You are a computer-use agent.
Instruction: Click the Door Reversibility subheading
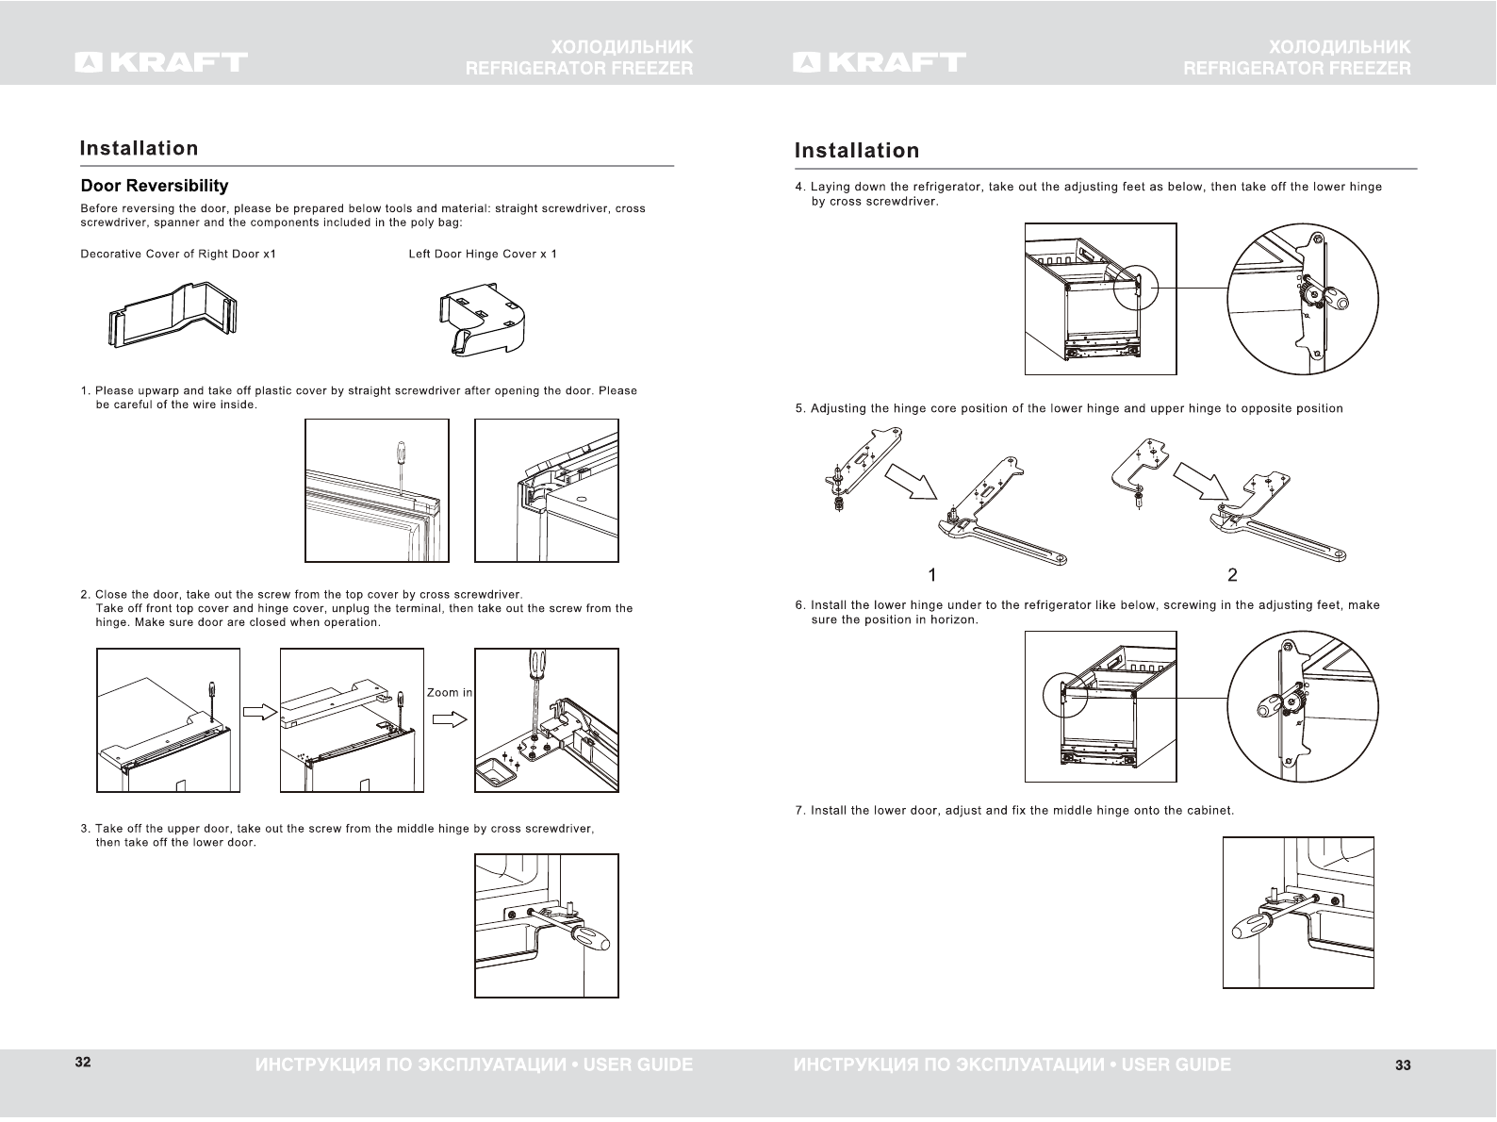155,186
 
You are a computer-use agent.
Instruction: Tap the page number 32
83,1063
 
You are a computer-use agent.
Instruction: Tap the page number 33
1403,1065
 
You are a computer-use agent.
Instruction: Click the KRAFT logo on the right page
880,62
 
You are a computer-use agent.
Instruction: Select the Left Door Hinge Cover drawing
481,320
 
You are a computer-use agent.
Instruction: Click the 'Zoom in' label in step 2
450,692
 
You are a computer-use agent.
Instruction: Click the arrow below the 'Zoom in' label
450,719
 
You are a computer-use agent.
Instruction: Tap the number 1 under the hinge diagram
931,574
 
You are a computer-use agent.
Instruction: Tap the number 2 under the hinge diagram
1232,574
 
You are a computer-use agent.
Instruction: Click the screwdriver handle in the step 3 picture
591,939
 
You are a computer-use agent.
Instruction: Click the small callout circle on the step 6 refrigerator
1065,699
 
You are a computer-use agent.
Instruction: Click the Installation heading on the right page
857,151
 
